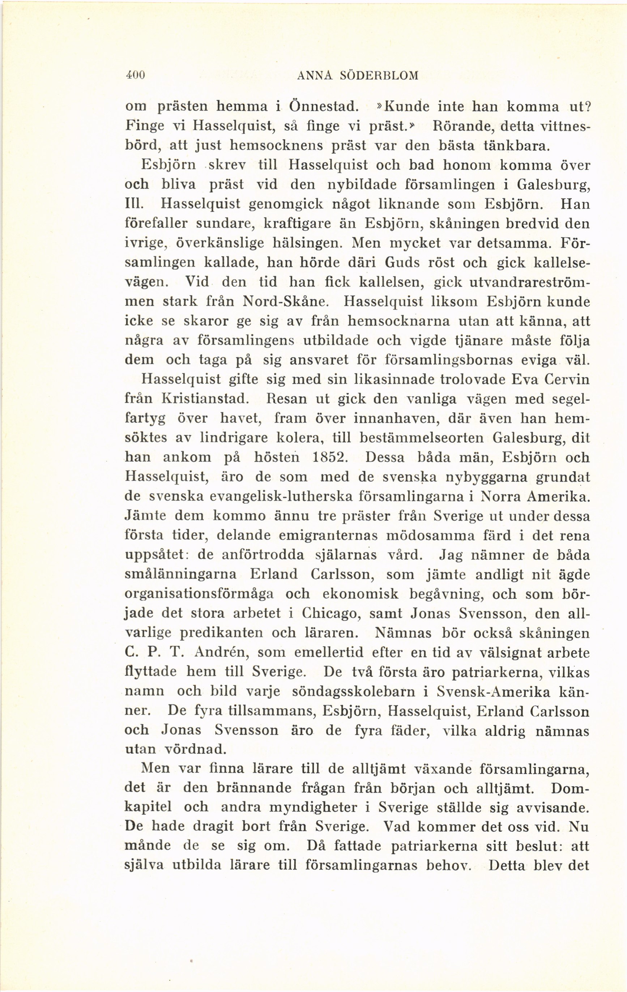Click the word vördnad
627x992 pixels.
pyautogui.click(x=195, y=750)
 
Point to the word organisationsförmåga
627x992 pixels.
pyautogui.click(x=199, y=594)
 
